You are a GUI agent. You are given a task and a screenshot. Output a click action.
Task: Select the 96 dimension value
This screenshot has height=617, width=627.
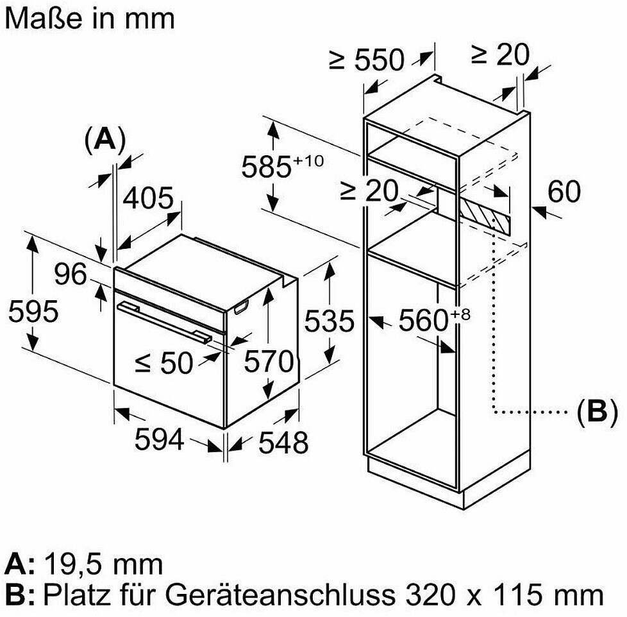tap(70, 275)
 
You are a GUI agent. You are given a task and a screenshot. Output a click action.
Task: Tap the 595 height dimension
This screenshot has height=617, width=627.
tap(33, 312)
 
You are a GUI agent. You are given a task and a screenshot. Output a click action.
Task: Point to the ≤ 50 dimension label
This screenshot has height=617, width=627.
tap(163, 364)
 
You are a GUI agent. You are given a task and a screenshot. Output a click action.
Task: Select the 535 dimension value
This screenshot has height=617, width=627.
tap(328, 321)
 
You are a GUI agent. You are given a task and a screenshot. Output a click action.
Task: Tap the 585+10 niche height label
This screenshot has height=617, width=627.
tap(281, 167)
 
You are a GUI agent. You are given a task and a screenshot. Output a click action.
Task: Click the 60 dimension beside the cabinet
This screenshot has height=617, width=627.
tap(564, 192)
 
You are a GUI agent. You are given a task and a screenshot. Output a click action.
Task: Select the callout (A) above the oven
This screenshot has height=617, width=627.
tap(104, 139)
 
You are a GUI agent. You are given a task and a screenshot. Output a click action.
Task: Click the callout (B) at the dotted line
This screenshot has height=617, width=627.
tap(596, 412)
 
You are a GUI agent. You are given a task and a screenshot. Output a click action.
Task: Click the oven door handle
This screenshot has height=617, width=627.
tap(164, 320)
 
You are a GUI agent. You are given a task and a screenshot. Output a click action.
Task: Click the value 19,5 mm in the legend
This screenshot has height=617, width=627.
tap(103, 564)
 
